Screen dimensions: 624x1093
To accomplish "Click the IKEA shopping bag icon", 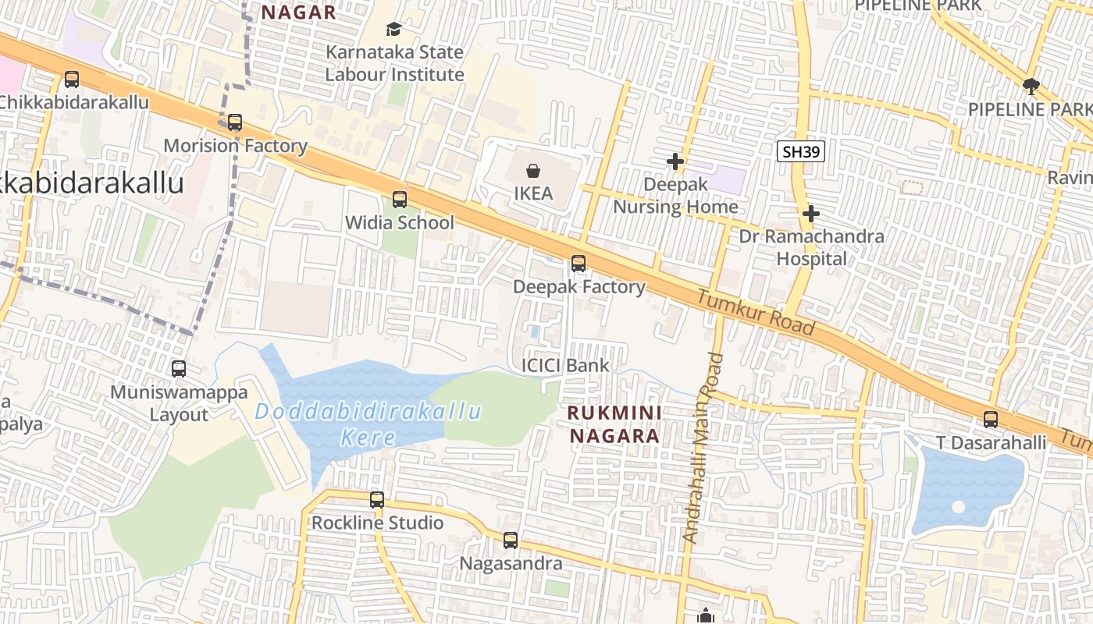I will point(533,170).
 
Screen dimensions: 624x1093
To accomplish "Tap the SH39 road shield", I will point(801,151).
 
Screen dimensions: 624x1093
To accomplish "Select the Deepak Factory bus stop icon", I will point(579,264).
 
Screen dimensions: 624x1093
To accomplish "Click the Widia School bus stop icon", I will point(400,200).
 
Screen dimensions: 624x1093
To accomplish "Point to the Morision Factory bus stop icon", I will point(235,122).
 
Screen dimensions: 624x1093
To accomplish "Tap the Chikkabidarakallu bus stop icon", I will point(72,79).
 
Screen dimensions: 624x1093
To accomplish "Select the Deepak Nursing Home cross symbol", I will point(675,161).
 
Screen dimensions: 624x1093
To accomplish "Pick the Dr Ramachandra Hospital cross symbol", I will point(811,213).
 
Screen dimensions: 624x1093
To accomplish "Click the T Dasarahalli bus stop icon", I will point(991,420).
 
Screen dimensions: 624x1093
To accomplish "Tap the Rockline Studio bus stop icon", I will point(377,500).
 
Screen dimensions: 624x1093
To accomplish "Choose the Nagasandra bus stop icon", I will point(511,541).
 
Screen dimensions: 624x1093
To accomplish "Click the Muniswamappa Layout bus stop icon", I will point(179,369).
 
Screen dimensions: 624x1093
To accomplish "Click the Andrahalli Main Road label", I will point(703,448).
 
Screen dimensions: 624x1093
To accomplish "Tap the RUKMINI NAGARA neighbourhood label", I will point(614,424).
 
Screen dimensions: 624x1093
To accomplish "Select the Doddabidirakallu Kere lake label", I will point(368,424).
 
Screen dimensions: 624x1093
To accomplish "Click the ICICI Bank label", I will point(565,365).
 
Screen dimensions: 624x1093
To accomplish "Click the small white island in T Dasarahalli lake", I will point(958,507).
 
